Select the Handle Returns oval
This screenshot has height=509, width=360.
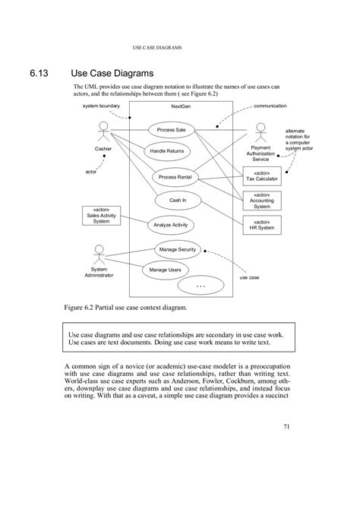click(x=166, y=152)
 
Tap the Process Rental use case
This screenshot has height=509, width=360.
click(x=174, y=177)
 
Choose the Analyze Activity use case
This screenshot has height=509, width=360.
click(x=169, y=225)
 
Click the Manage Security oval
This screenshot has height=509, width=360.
click(x=176, y=249)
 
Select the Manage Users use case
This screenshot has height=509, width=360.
click(x=165, y=270)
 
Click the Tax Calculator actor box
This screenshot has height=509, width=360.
click(x=262, y=176)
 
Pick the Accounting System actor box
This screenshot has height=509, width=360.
click(x=261, y=201)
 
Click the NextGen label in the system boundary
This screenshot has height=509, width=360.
click(x=181, y=107)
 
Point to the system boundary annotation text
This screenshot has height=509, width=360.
click(x=99, y=106)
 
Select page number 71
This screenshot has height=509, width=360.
click(x=287, y=427)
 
